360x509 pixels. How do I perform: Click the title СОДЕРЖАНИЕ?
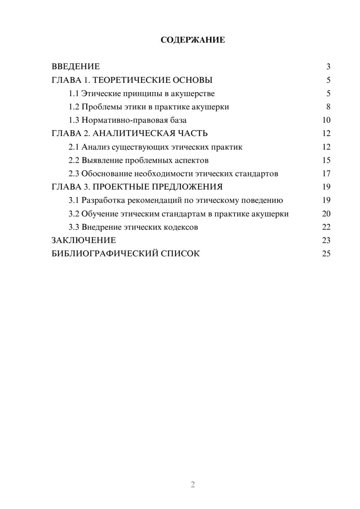193,40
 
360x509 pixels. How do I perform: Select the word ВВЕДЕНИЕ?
76,67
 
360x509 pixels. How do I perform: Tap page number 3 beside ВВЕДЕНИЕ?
328,67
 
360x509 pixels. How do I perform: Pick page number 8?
328,107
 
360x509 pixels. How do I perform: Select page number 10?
326,120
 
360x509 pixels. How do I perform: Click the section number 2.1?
74,147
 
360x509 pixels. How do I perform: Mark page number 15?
326,160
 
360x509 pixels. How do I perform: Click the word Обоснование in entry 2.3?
107,174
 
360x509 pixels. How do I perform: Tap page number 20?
326,214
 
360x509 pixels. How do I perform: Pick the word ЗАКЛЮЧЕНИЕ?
84,240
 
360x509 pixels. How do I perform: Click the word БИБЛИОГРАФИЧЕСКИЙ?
105,254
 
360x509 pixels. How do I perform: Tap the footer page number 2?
193,485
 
